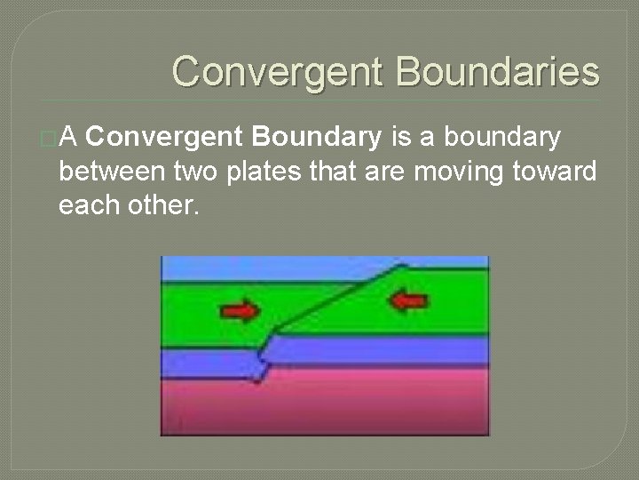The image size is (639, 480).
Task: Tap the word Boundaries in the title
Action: tap(497, 71)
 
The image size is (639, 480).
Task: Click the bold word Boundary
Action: tap(317, 137)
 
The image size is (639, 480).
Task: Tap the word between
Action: tap(112, 171)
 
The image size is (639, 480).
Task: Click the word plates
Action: tap(266, 171)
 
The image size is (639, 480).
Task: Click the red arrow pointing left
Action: tap(407, 302)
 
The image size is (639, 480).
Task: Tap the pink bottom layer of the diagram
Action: tap(324, 404)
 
